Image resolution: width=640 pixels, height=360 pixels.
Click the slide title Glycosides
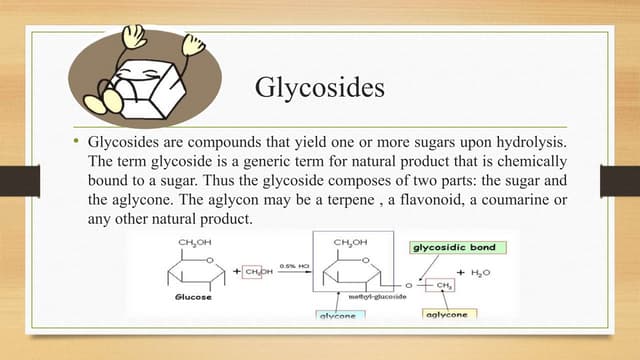[320, 90]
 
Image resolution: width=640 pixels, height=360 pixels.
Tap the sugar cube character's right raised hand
[188, 43]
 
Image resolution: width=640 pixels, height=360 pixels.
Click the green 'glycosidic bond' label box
[452, 247]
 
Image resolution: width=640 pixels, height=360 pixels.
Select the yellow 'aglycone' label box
[446, 314]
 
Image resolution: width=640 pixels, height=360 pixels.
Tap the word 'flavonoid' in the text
[471, 200]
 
